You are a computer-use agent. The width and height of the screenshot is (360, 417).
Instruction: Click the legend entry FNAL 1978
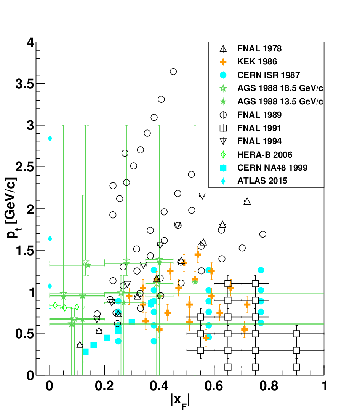[259, 48]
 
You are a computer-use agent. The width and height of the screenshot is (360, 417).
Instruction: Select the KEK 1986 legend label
[257, 61]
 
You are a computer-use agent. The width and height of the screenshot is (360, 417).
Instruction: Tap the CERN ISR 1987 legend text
[269, 75]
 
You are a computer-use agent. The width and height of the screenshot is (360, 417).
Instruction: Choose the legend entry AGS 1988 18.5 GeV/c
[280, 88]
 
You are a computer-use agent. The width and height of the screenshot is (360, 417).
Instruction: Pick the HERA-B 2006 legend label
[265, 155]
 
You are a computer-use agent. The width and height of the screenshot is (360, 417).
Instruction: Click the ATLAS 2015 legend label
[262, 181]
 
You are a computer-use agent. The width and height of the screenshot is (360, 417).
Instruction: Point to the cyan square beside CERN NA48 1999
[223, 168]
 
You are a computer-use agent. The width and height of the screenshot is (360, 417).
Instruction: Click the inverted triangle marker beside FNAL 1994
[223, 141]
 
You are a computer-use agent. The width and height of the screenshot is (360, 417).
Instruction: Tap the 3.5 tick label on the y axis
[25, 84]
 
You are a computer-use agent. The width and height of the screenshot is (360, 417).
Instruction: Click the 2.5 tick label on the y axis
[25, 167]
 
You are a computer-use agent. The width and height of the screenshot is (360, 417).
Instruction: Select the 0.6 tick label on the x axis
[214, 386]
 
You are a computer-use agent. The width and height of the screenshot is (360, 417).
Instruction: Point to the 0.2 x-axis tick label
[104, 386]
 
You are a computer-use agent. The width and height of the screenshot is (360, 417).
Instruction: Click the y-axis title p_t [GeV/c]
[12, 208]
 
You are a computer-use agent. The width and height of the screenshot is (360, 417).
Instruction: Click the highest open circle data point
[173, 72]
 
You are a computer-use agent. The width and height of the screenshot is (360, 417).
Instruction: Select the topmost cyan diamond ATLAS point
[50, 139]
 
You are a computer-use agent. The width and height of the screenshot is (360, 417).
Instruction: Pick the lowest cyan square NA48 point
[85, 352]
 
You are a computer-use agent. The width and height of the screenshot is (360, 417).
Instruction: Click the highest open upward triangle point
[247, 201]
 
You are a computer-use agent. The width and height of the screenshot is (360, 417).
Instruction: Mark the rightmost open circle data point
[262, 234]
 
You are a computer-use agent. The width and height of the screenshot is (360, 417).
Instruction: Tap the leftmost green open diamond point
[55, 305]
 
